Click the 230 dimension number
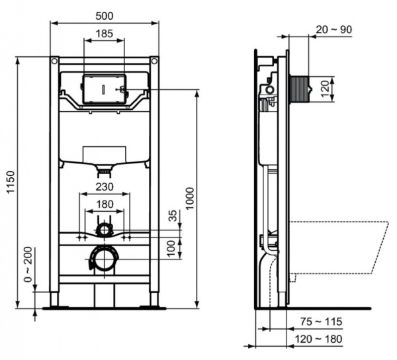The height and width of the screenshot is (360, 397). point(104,187)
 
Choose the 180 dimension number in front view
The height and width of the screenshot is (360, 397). point(104,204)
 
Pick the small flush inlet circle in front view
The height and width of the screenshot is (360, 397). point(104,229)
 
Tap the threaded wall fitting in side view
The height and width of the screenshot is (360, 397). point(302,87)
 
